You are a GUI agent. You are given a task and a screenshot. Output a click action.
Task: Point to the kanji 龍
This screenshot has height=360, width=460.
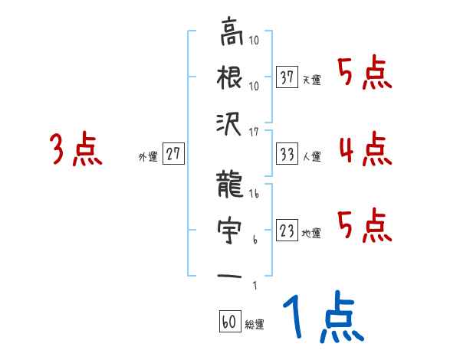(232, 185)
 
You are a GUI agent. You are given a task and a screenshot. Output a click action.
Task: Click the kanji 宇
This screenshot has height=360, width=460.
(232, 229)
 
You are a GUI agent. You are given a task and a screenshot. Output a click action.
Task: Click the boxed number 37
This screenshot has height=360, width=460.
(287, 78)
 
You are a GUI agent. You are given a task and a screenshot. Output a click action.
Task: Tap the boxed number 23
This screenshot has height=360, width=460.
(287, 231)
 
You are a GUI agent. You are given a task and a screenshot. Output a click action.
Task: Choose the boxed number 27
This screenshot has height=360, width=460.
(174, 155)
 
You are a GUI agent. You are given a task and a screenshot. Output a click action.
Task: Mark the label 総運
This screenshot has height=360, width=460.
(255, 324)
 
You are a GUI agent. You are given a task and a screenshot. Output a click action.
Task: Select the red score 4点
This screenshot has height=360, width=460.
(365, 149)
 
